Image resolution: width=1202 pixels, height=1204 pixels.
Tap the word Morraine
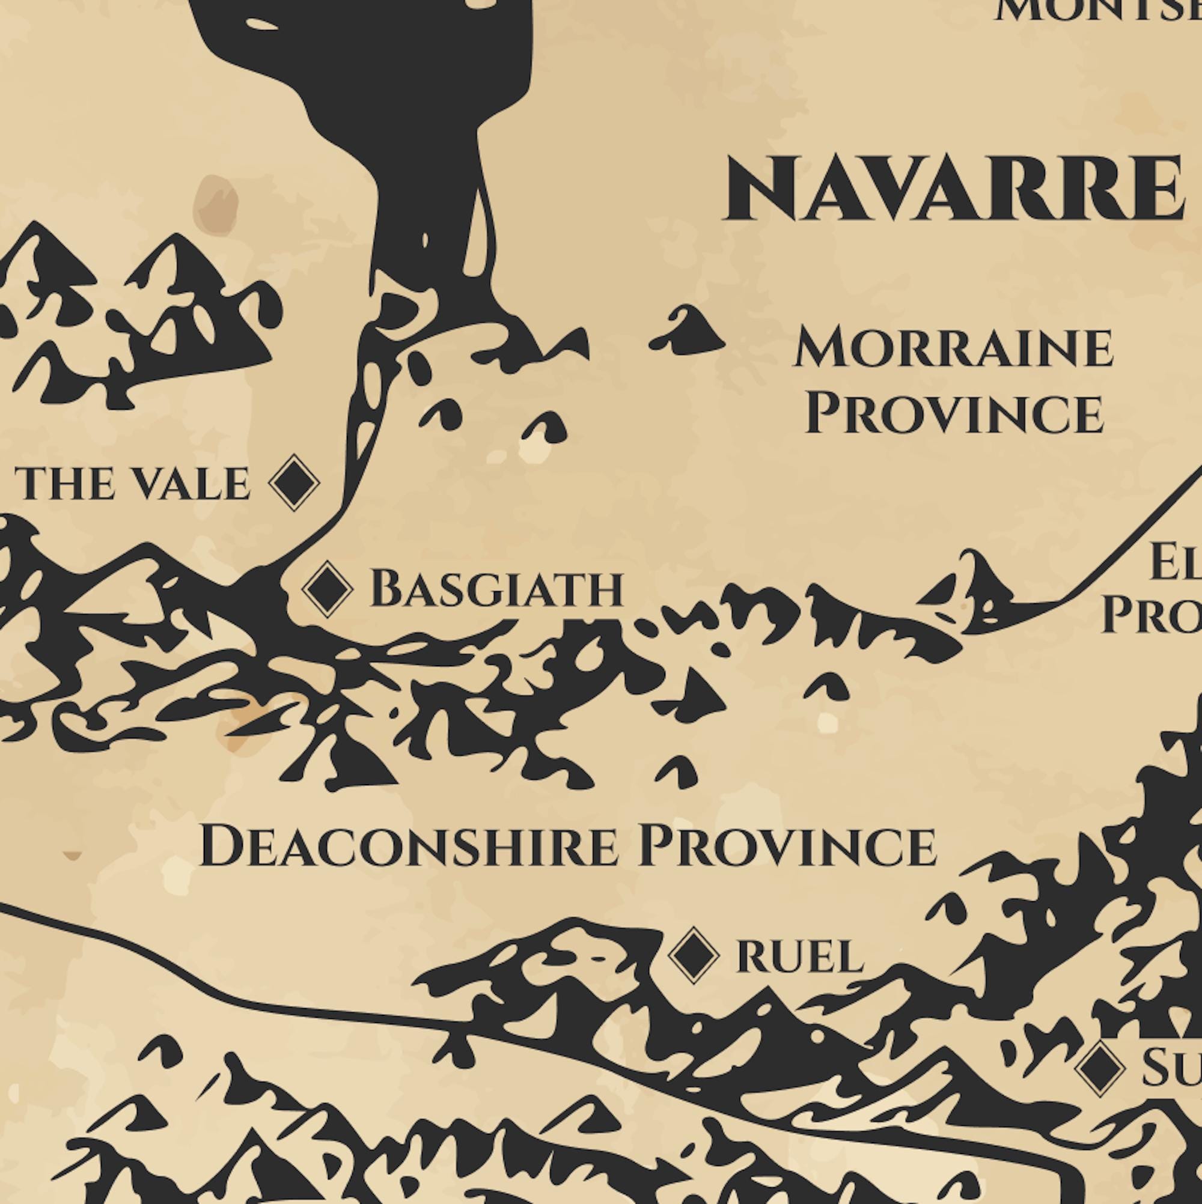(953, 349)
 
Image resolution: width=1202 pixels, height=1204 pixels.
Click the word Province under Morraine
(954, 414)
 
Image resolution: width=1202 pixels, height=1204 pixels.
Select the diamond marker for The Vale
(294, 483)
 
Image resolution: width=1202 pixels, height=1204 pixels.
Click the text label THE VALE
(132, 484)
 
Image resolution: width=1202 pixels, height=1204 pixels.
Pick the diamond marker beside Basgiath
(328, 588)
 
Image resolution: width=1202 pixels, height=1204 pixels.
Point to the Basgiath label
(497, 589)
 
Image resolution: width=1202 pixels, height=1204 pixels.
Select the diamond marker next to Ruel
(694, 955)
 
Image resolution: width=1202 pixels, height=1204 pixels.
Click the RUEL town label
(800, 957)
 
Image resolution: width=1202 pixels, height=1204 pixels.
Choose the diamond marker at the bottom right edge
(1100, 1068)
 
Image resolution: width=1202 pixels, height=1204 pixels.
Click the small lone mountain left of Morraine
(688, 330)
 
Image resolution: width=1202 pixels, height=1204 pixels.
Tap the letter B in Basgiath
(385, 588)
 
